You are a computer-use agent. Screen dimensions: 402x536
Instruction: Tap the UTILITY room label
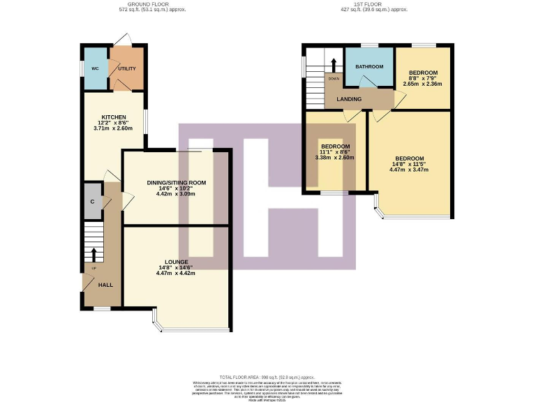[x=126, y=68]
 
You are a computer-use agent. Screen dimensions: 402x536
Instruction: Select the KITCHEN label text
[x=113, y=117]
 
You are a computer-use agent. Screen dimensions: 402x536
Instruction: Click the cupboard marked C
[x=92, y=202]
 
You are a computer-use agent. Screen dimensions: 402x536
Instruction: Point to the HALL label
[x=105, y=285]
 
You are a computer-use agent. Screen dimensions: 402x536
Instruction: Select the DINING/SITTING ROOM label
[x=176, y=183]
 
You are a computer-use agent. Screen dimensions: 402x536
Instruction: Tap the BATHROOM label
[x=369, y=66]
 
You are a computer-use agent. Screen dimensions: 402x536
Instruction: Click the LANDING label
[x=349, y=99]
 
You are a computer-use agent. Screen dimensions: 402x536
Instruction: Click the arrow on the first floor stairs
[x=334, y=65]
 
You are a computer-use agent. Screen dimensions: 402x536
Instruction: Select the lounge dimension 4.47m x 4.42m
[x=175, y=273]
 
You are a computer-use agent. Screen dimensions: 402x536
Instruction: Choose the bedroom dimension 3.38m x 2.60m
[x=335, y=158]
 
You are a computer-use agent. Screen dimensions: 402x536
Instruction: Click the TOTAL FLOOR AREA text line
[x=267, y=376]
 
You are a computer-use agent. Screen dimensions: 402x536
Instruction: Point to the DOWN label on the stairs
[x=334, y=78]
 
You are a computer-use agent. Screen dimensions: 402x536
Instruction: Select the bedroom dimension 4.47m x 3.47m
[x=409, y=170]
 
